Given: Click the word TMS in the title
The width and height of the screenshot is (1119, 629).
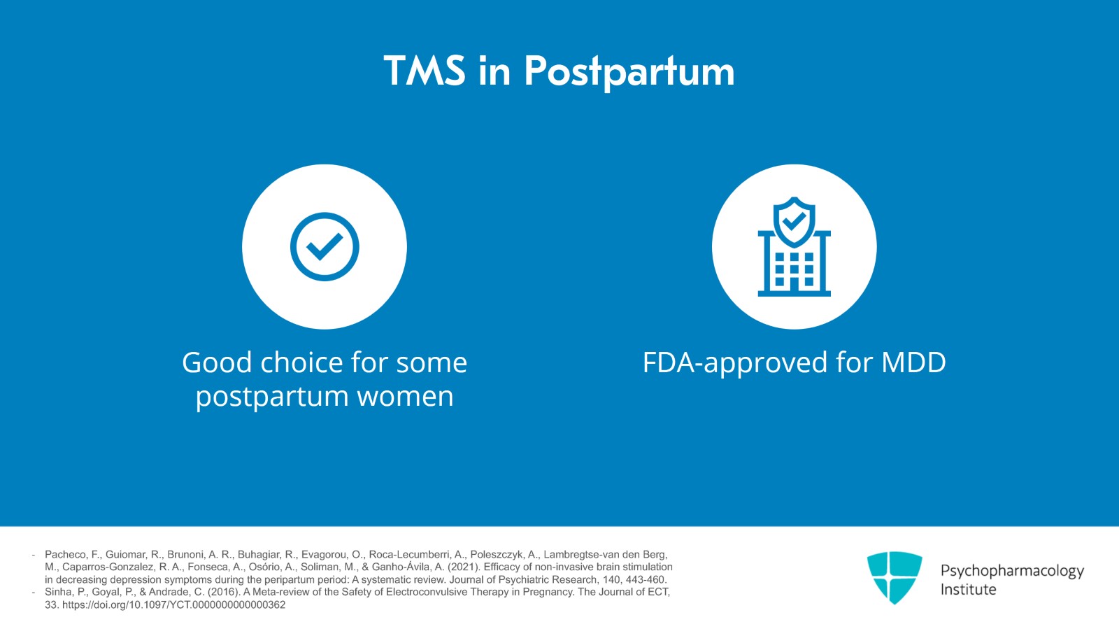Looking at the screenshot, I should pos(424,71).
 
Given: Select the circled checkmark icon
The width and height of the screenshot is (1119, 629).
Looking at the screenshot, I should pos(325,247).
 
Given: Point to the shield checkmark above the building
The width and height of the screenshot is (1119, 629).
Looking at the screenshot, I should pos(794,220).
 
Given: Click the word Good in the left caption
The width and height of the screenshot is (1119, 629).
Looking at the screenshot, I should pos(217,362).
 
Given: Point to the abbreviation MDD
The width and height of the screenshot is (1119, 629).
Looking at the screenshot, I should pos(913,362).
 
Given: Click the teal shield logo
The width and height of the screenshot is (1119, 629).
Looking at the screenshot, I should pos(895,577).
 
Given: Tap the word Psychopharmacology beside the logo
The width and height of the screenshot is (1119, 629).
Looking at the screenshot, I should pos(1011,571).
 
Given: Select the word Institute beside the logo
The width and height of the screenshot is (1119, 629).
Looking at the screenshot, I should pos(968,590).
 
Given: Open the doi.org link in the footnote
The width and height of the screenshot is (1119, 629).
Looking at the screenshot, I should pos(173,605).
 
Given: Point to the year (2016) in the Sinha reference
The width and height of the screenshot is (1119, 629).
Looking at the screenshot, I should pos(223,592).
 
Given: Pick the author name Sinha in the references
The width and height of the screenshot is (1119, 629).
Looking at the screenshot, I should pos(57,592).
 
